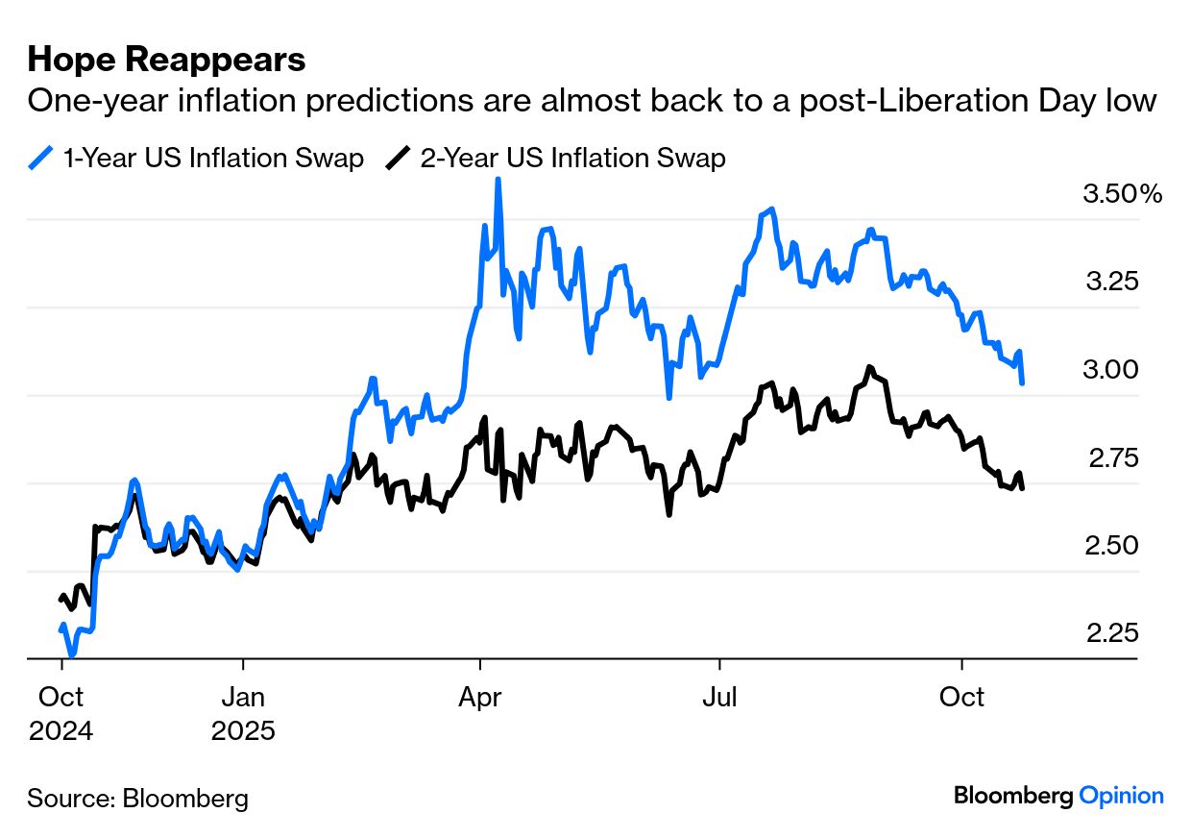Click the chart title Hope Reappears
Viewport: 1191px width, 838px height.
coord(166,60)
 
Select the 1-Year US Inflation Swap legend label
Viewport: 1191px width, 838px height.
coord(213,158)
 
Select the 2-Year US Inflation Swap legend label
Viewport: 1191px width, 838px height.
coord(572,158)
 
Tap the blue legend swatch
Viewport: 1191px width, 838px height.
coord(41,158)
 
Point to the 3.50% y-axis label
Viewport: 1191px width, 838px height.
coord(1122,194)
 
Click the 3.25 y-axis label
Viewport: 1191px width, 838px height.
coord(1112,282)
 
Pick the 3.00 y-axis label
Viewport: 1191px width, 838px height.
coord(1112,370)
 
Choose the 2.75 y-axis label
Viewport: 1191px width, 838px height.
coord(1112,457)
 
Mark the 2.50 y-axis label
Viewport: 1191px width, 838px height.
coord(1112,545)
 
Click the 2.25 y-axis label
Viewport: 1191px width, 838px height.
coord(1112,633)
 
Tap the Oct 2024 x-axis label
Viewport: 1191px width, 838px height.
coord(61,712)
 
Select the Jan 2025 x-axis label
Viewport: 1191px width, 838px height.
coord(243,712)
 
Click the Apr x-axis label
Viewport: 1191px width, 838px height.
coord(479,696)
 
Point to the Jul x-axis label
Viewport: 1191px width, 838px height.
coord(718,696)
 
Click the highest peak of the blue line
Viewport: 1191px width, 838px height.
coord(498,180)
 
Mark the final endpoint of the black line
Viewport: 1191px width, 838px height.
coord(1022,488)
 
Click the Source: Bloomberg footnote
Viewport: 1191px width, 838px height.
coord(137,798)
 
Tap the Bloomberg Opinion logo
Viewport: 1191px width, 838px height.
coord(1058,796)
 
